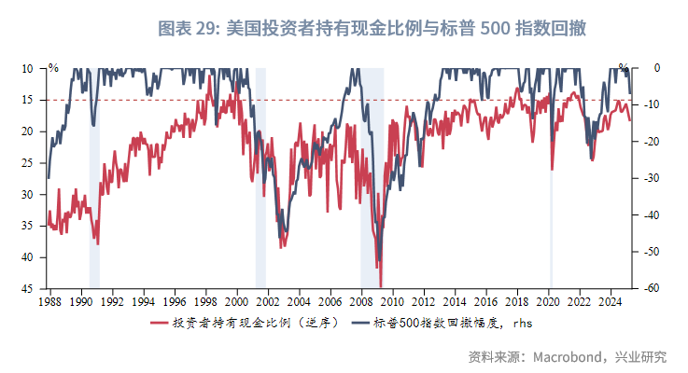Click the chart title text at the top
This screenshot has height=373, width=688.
point(372,28)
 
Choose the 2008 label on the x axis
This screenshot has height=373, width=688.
point(361,302)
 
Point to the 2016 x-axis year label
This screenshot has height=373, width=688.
point(486,302)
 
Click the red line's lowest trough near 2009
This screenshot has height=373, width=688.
point(380,285)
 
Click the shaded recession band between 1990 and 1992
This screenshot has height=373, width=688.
point(94,186)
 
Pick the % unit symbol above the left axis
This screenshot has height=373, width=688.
point(53,68)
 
